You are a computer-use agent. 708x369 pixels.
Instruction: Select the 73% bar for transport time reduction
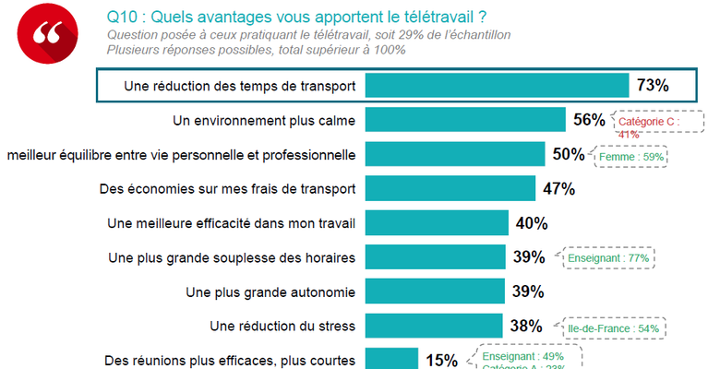point(497,86)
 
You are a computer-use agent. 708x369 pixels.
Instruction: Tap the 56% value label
point(588,120)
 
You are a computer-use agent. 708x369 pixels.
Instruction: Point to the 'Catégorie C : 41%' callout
point(648,126)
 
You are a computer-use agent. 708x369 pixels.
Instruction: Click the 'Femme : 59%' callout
point(632,157)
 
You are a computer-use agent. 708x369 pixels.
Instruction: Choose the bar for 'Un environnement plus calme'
point(465,120)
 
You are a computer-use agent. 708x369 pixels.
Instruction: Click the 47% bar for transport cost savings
point(450,188)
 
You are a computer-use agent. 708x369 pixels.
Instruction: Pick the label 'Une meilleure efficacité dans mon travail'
point(232,222)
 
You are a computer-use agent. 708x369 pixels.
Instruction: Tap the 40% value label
point(533,222)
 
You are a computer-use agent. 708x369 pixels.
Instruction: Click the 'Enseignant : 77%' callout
point(611,258)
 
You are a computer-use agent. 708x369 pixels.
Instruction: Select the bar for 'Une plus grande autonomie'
point(435,292)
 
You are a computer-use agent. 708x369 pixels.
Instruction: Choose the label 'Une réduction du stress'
point(283,327)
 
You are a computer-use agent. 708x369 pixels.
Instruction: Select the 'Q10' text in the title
point(122,17)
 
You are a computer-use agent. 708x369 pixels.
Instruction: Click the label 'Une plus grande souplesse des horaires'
point(232,257)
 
